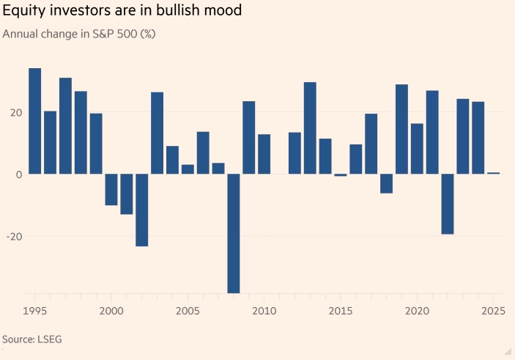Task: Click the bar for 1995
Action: (34, 121)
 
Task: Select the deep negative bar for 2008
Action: (234, 233)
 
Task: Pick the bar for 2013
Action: (310, 128)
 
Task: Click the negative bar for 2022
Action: (448, 204)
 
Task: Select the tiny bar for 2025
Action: (494, 173)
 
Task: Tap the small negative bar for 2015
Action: (341, 175)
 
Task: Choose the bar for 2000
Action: (111, 189)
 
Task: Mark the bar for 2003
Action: (157, 133)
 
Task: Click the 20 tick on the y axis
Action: (15, 113)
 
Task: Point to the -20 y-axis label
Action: (12, 237)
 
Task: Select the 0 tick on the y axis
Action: (18, 175)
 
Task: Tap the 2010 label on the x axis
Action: (264, 311)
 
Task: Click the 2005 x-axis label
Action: (188, 311)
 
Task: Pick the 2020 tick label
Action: (418, 311)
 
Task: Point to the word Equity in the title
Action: (21, 12)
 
